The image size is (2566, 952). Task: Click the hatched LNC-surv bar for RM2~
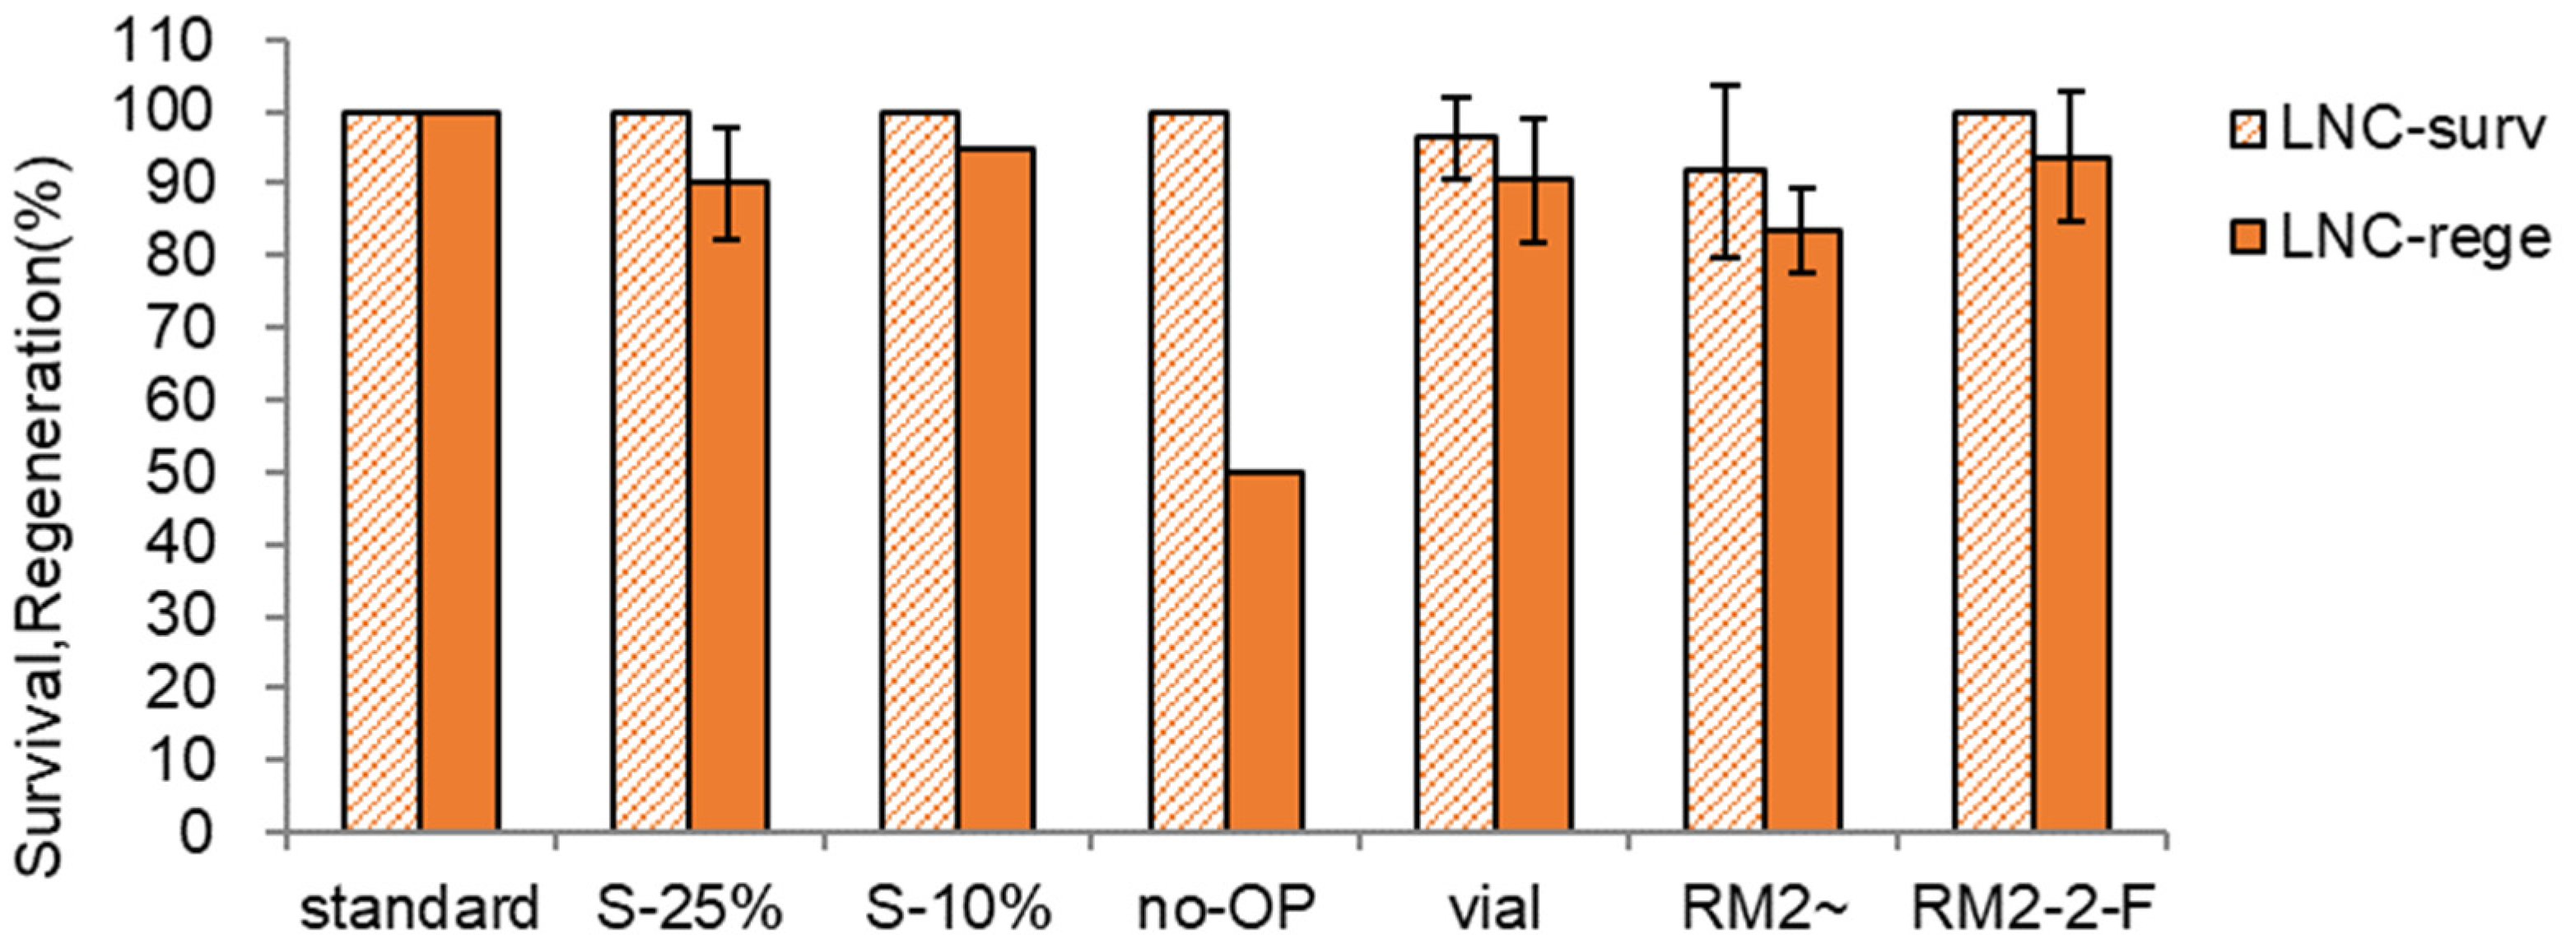coord(1725,498)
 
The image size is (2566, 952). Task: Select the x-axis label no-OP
coord(1227,910)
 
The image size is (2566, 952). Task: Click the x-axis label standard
coord(419,910)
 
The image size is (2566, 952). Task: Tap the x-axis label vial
coord(1494,910)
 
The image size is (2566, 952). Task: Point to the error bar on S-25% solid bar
coord(729,183)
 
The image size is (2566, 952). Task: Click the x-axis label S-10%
coord(958,910)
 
